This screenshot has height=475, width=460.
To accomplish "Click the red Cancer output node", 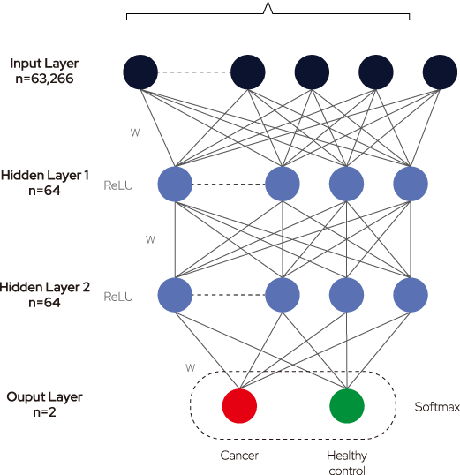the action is (x=239, y=406).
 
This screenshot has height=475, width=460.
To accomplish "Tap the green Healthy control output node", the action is (x=347, y=406).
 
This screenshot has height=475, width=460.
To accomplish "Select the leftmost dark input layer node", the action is (x=140, y=72).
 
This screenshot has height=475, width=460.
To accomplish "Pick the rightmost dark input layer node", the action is (x=440, y=72).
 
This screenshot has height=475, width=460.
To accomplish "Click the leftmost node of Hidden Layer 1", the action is (x=175, y=184).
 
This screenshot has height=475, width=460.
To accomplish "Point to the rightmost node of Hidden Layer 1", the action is (x=411, y=184).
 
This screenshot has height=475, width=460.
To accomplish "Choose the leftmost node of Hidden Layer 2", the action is (x=175, y=295).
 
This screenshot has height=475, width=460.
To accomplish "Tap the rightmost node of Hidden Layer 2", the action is (x=411, y=295).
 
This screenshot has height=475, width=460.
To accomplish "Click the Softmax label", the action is (x=437, y=407).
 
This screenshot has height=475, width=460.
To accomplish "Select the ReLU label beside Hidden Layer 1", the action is (x=118, y=185).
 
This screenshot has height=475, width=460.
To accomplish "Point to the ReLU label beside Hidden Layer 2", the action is (x=118, y=297).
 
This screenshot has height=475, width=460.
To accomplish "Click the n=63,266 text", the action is (x=44, y=79).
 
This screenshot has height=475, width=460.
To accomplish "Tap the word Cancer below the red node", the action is (x=239, y=456).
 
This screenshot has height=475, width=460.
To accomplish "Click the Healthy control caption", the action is (x=347, y=463).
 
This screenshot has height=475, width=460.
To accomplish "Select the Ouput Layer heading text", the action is (x=44, y=397).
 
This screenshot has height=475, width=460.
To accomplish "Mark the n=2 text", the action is (x=44, y=412).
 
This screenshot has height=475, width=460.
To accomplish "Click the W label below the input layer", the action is (x=135, y=132).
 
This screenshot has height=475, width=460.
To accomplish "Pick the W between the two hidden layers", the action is (x=150, y=239).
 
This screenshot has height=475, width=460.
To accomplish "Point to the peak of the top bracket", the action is (x=268, y=3).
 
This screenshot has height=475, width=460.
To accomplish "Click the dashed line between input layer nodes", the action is (x=194, y=72).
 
